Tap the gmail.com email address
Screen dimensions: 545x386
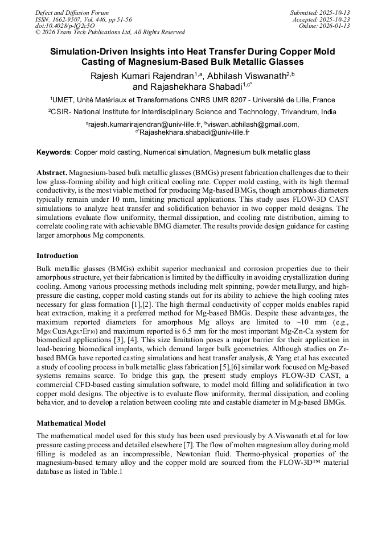[x=252, y=124]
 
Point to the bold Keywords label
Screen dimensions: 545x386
[x=54, y=152]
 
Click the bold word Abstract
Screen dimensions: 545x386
[x=52, y=172]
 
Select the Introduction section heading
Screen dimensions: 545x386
[x=58, y=256]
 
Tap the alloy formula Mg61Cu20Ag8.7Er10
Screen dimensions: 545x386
[x=67, y=332]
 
